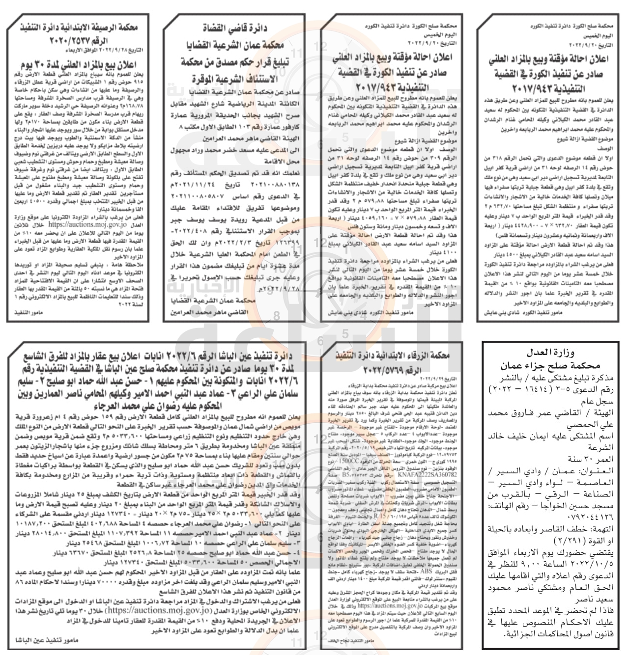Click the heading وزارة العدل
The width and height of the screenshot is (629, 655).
(x=548, y=353)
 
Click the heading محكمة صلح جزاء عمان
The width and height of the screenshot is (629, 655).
(x=548, y=365)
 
